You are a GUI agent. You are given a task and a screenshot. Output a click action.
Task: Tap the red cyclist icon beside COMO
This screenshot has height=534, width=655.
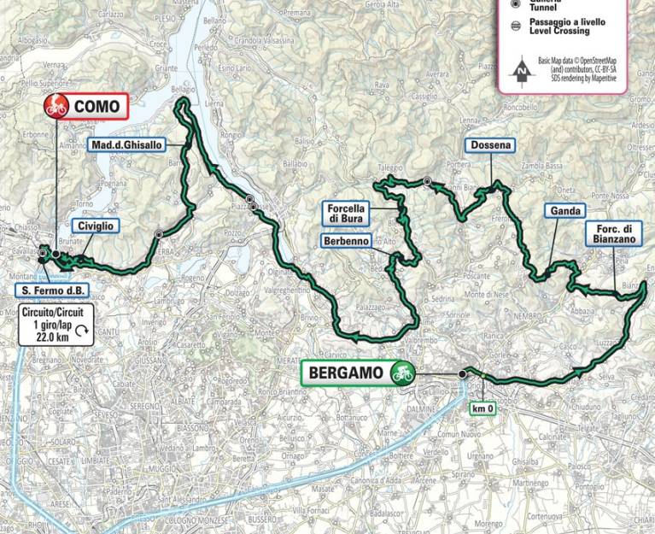pyautogui.click(x=58, y=108)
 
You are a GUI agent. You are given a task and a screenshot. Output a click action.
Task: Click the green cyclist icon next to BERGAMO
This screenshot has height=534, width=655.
pyautogui.click(x=401, y=373)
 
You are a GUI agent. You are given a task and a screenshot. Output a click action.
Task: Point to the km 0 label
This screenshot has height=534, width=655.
pyautogui.click(x=484, y=408)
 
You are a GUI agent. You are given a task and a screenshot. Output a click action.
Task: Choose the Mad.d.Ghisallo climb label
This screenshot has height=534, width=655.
pyautogui.click(x=132, y=145)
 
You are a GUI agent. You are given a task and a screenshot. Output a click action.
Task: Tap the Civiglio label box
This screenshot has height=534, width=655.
pyautogui.click(x=94, y=226)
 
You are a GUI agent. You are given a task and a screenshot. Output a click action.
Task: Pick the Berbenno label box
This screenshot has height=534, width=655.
pyautogui.click(x=346, y=242)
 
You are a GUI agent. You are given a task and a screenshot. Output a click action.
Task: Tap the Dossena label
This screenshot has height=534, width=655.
pyautogui.click(x=489, y=145)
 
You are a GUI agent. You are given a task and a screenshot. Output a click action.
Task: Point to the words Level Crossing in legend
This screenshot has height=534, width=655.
pyautogui.click(x=559, y=32)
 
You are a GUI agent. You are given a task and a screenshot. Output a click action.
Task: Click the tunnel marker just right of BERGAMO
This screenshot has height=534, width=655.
pyautogui.click(x=462, y=373)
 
